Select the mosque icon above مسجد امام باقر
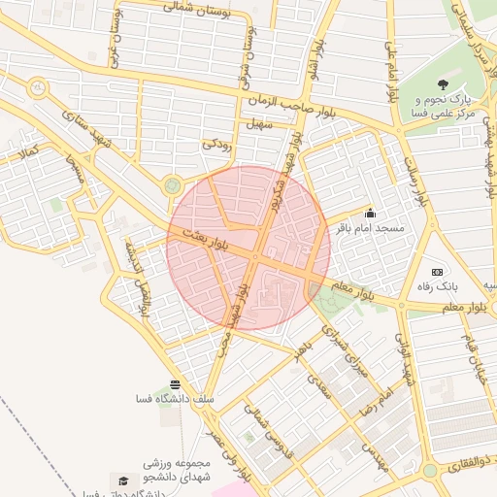369,213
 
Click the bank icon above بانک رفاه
437,272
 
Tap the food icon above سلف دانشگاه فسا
174,384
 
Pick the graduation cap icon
123,480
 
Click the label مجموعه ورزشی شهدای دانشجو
156,471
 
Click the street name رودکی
215,144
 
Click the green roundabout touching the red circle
173,183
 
